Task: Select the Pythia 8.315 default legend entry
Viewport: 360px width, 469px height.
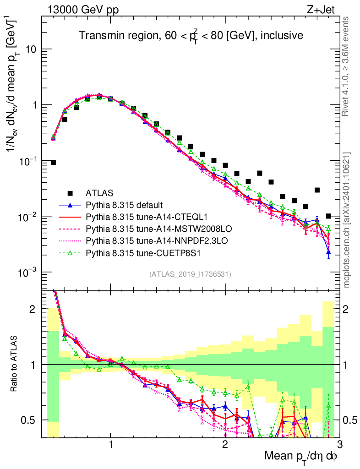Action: coord(124,204)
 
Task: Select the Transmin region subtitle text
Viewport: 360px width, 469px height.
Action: coord(190,35)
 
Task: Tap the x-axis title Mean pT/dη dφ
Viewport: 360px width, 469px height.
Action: coord(301,456)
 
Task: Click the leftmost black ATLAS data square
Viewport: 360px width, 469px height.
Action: coord(53,163)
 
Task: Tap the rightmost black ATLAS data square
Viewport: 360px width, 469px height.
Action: coord(328,216)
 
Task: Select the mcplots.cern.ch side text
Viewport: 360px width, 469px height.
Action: coord(346,220)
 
